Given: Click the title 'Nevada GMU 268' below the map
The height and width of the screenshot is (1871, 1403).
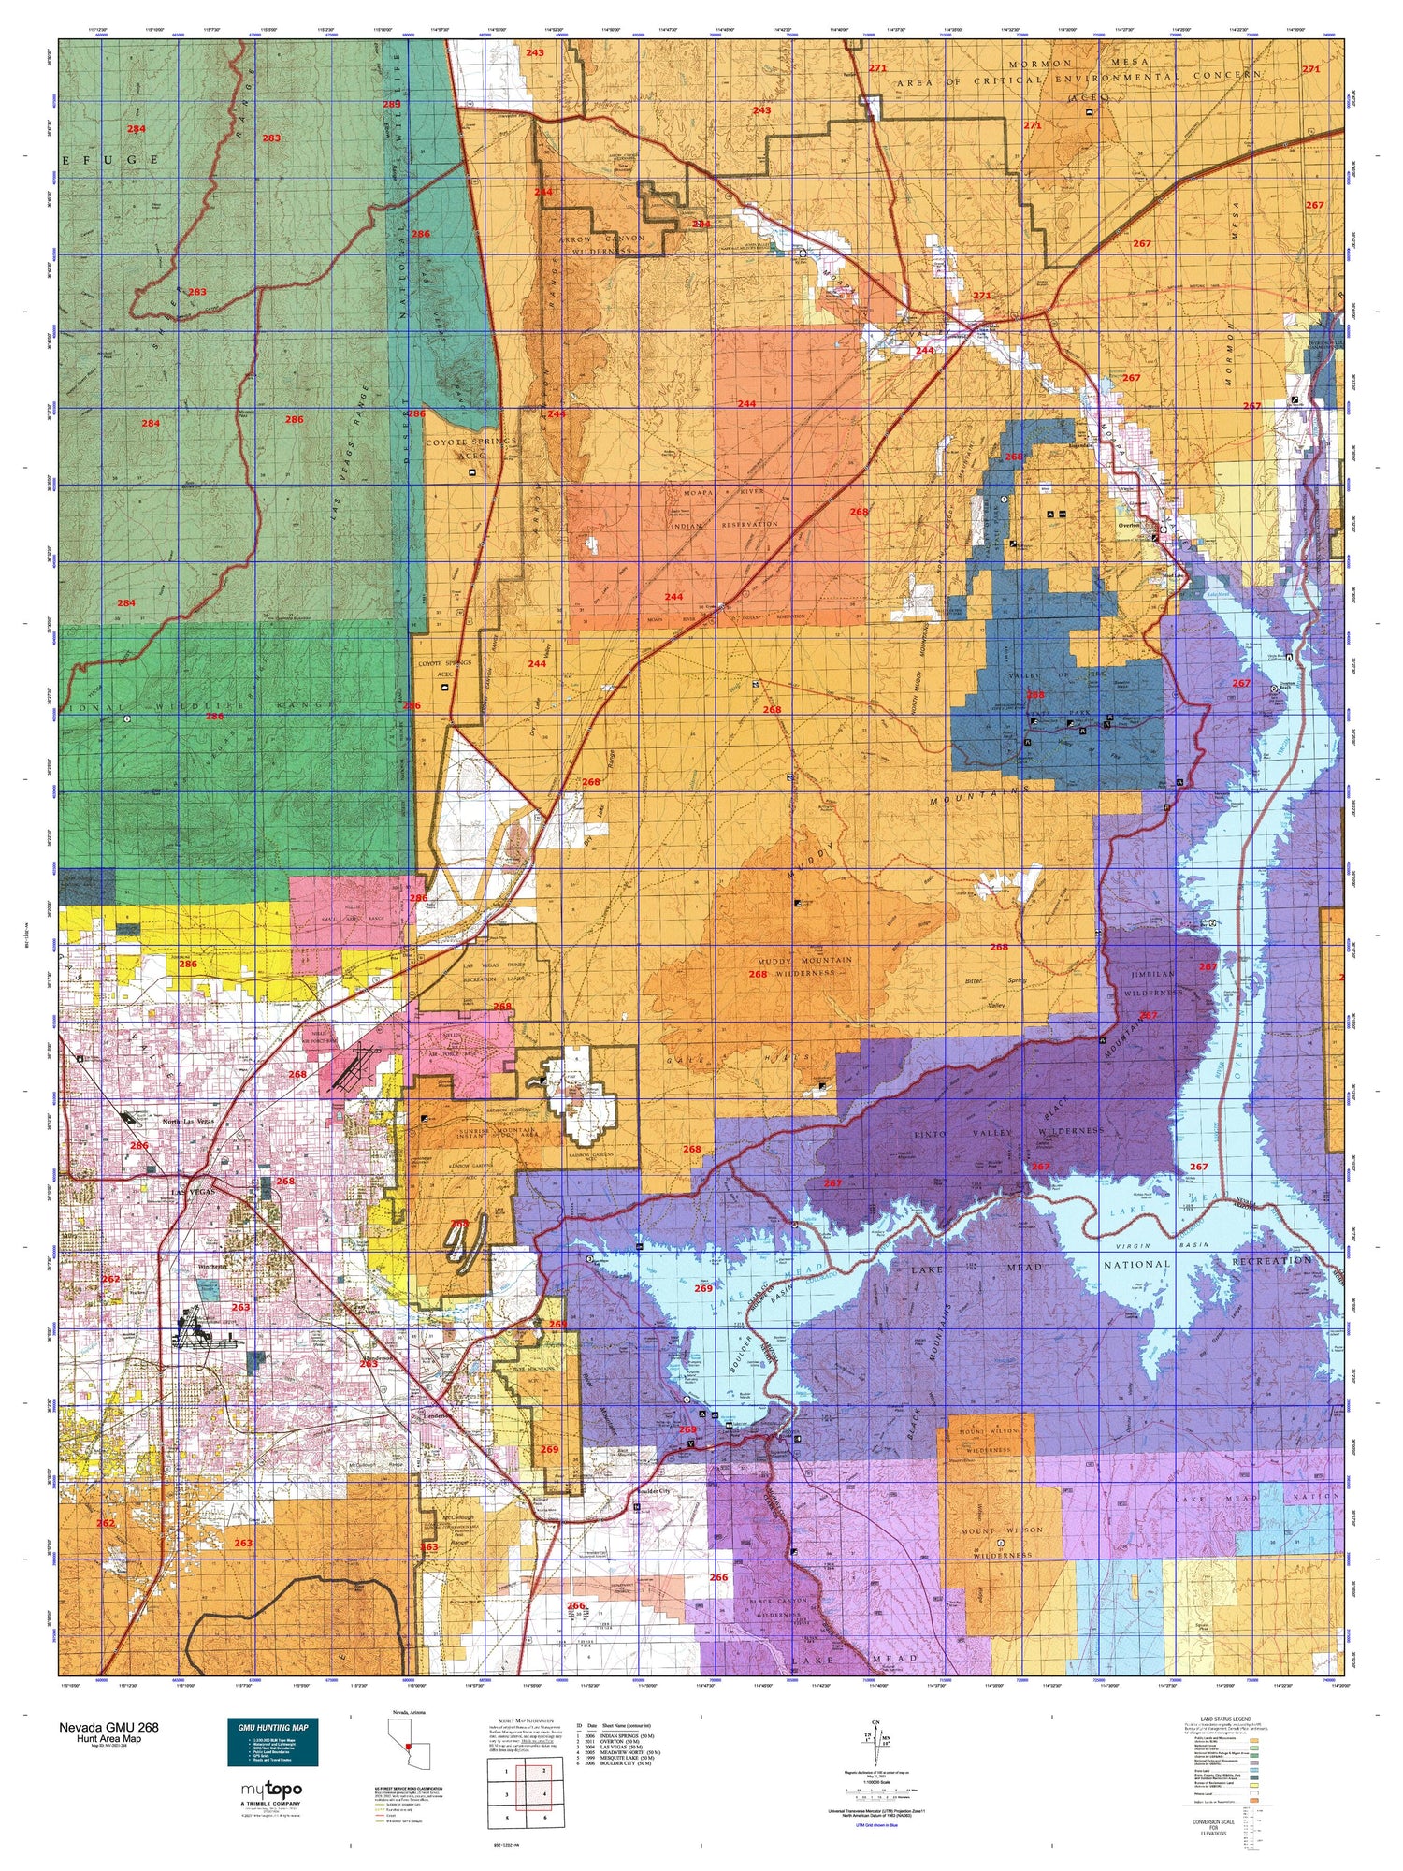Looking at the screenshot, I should (108, 1727).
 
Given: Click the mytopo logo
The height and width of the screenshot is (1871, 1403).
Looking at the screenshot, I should (270, 1789).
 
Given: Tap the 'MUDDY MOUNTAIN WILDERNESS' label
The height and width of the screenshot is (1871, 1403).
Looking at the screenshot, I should (804, 966).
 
